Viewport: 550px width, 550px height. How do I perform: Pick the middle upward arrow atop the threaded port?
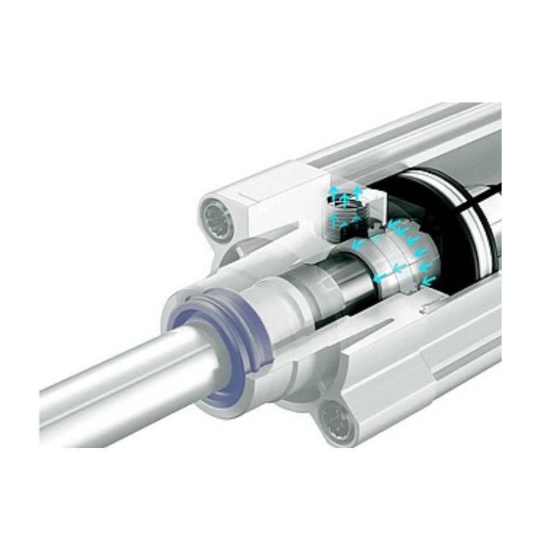coord(345,193)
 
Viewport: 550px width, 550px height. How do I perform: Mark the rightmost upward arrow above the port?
coord(357,191)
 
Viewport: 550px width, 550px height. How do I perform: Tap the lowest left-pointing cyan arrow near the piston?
coord(428,281)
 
